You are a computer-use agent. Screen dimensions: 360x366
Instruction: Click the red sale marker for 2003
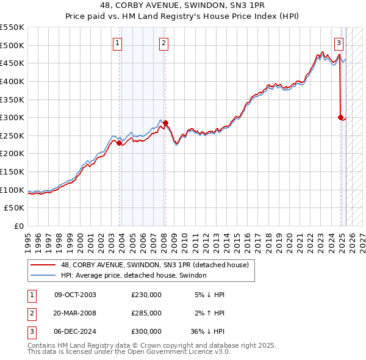(120, 143)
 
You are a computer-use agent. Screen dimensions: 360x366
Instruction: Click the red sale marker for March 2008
(165, 123)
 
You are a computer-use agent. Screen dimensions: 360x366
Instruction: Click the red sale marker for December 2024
(340, 118)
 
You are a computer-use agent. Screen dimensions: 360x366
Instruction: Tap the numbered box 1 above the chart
(117, 43)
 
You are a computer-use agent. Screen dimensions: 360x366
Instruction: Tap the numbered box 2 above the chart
(164, 43)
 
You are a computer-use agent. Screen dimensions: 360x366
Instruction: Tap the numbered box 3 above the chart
(339, 43)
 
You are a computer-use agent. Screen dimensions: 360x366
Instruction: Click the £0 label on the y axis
(18, 226)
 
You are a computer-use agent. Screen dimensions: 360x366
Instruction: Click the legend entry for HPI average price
(134, 276)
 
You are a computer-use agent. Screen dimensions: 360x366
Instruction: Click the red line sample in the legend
(43, 265)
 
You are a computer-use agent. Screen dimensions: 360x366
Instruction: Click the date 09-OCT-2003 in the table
(75, 295)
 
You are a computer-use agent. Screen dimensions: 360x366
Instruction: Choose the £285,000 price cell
(146, 313)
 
